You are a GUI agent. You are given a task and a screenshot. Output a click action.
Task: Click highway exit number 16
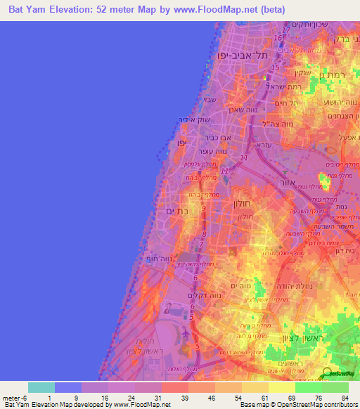pos(278,37)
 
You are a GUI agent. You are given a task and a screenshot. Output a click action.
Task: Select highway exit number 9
pos(204,208)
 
